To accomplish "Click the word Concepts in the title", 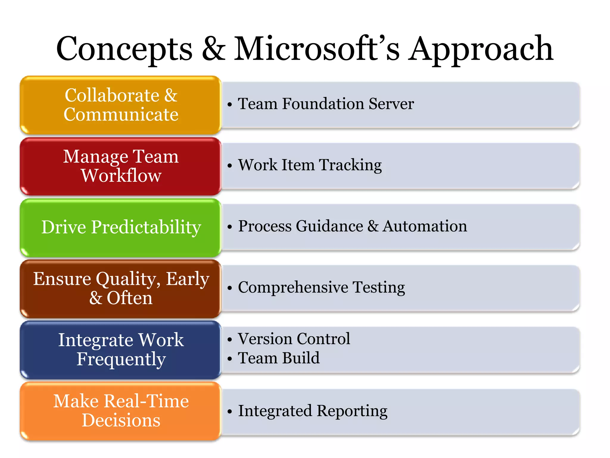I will click(x=124, y=49).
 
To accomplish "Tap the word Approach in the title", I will click(x=480, y=49).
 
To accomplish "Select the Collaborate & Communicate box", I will click(x=121, y=105).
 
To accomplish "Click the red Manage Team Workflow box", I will click(x=121, y=166).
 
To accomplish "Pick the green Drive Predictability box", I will click(x=121, y=227).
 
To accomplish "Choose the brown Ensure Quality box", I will click(x=121, y=288).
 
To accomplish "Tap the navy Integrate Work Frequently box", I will click(x=121, y=349).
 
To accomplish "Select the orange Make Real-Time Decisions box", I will click(x=121, y=411).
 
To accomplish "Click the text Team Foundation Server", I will click(x=326, y=104).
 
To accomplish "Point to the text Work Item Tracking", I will click(x=310, y=165).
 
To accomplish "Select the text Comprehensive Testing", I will click(x=321, y=287).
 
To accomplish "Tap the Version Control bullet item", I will click(x=294, y=339).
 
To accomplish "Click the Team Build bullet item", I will click(x=278, y=358).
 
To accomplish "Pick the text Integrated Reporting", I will click(x=312, y=411).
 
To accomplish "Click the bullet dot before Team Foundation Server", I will click(x=229, y=105).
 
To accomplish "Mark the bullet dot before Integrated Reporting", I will click(x=229, y=412).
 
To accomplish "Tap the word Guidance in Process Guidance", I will click(x=329, y=226).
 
